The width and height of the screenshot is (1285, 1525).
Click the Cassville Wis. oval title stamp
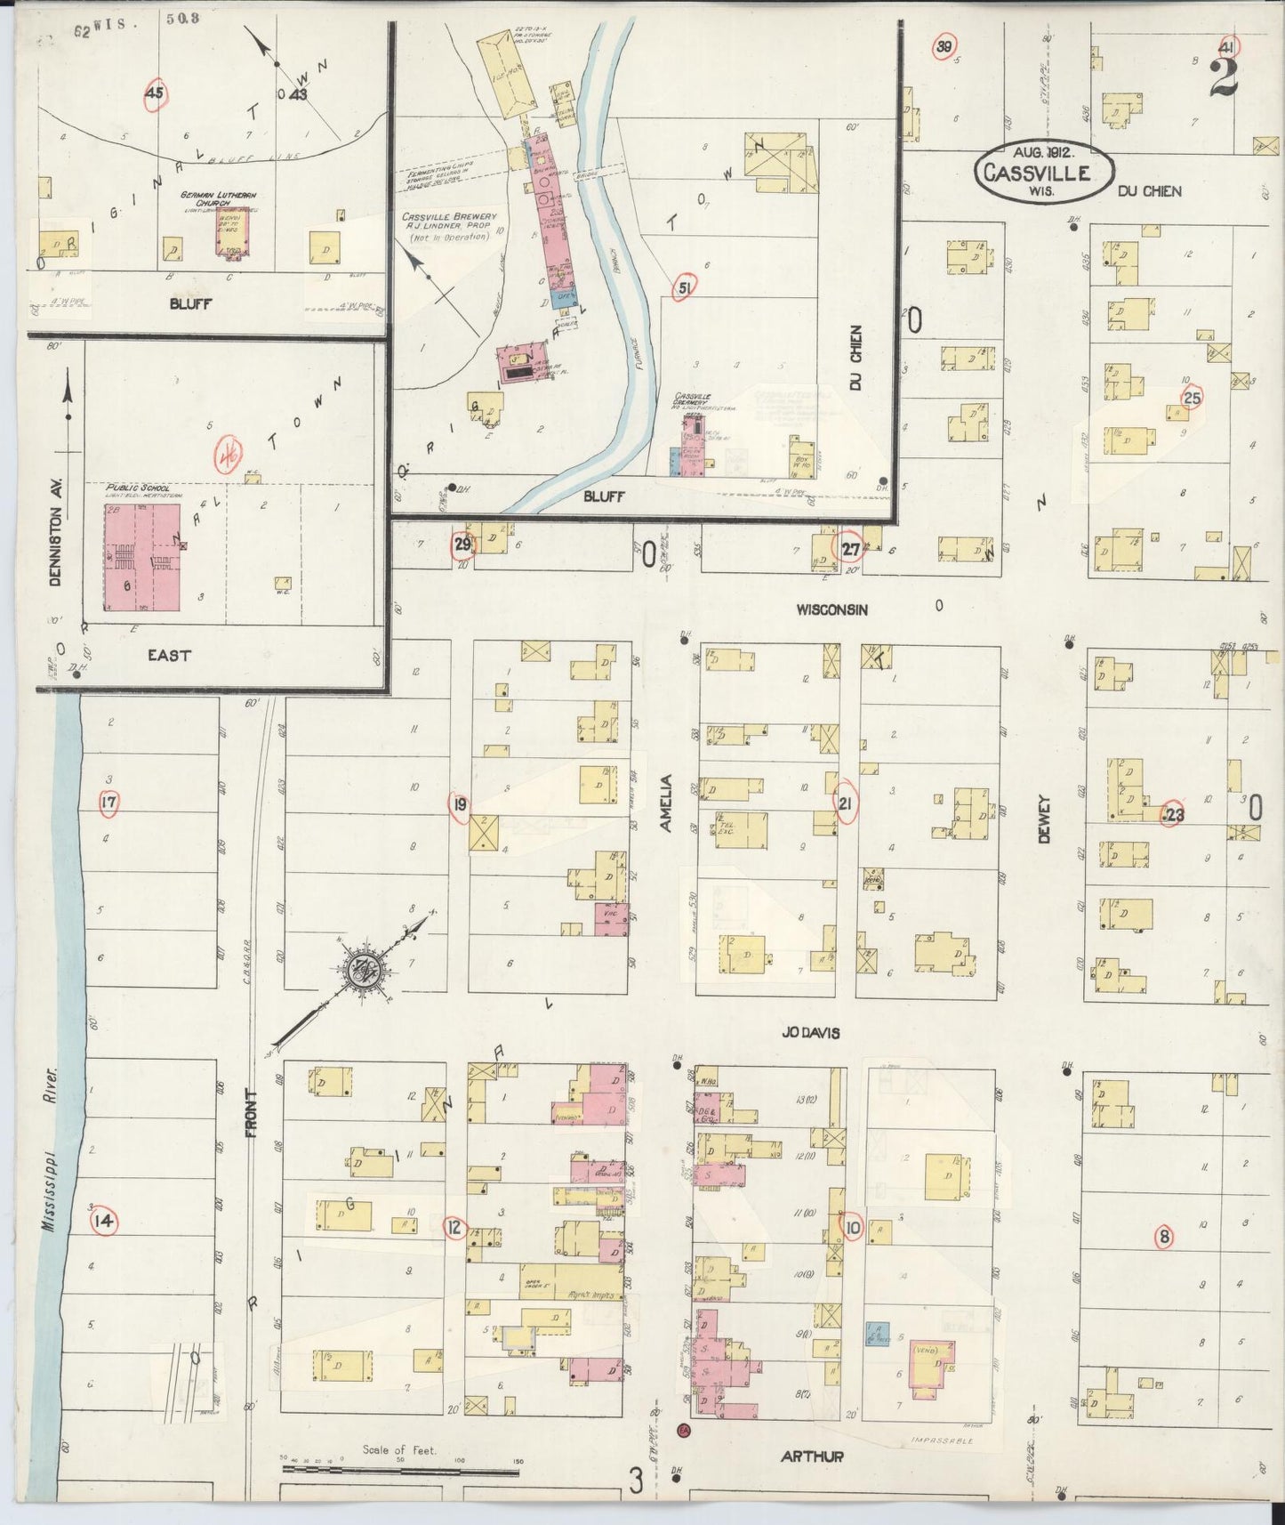coord(1044,167)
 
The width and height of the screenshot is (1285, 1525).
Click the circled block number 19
coord(459,804)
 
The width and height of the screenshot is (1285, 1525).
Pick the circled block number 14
coord(105,1222)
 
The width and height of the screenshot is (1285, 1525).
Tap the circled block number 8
coord(1165,1236)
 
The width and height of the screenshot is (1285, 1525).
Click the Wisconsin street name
coord(831,610)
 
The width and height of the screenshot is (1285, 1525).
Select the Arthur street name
coord(811,1457)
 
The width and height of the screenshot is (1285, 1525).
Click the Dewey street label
coord(1043,819)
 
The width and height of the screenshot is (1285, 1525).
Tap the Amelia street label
coord(666,803)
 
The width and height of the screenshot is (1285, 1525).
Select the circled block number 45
coord(155,94)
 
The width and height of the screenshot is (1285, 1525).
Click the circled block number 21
coord(846,803)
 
